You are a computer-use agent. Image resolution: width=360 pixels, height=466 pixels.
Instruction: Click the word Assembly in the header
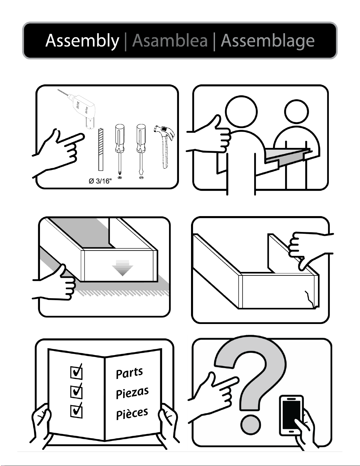pos(82,41)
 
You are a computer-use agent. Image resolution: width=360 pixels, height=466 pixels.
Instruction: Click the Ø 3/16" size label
pos(100,181)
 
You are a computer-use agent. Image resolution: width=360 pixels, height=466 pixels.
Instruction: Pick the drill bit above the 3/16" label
pos(101,149)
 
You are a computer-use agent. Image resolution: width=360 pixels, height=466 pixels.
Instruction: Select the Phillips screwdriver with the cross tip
pos(120,150)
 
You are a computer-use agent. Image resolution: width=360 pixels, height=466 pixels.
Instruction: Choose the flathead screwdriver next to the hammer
pos(141,150)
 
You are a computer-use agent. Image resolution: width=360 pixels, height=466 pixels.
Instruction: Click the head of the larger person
pos(241,111)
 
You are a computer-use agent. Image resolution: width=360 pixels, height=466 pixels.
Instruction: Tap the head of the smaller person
pos(297,112)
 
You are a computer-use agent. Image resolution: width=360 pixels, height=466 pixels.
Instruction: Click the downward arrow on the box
pos(122,268)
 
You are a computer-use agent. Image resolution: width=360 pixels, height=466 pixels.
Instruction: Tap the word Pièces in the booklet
pos(132,413)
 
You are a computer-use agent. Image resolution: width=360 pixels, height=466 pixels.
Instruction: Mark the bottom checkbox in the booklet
pos(76,410)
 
